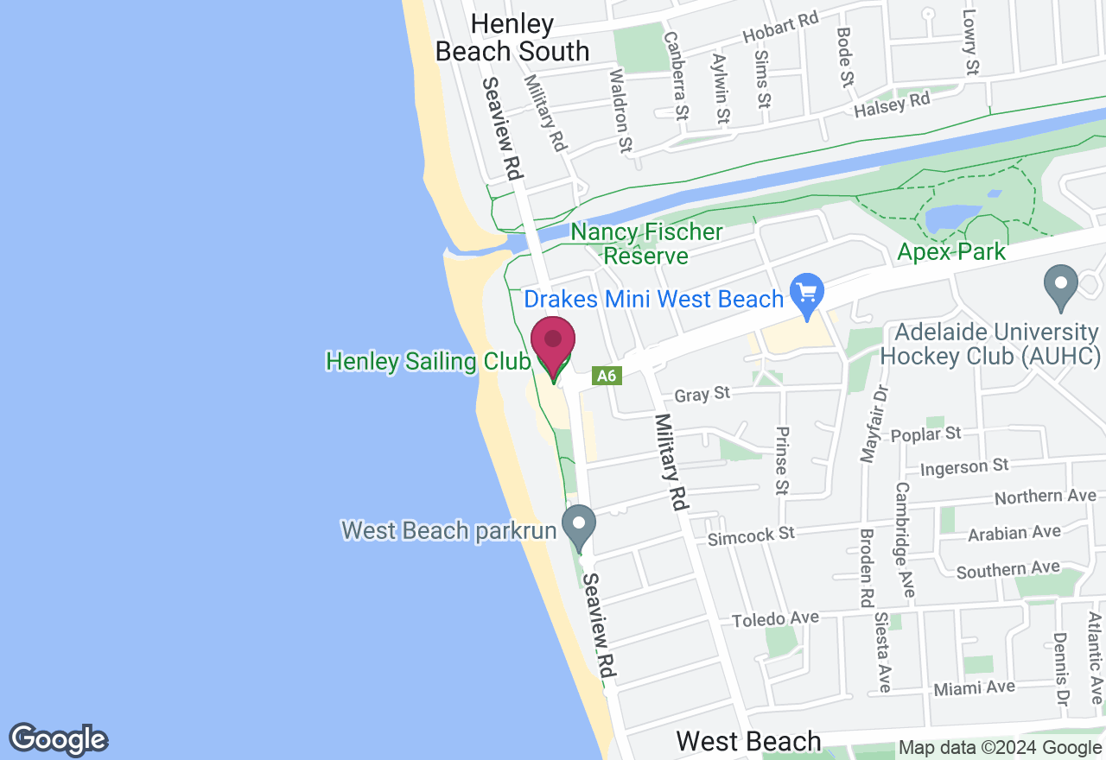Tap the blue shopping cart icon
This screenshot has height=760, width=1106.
pyautogui.click(x=807, y=294)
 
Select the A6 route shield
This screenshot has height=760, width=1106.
pyautogui.click(x=607, y=376)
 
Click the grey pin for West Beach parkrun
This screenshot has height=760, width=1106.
pyautogui.click(x=579, y=524)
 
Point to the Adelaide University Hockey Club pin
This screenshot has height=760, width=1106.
pyautogui.click(x=1061, y=285)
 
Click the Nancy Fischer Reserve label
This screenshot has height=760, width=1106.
pyautogui.click(x=646, y=244)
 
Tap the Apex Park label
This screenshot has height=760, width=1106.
pyautogui.click(x=951, y=252)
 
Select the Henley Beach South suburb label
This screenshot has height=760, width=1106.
pyautogui.click(x=512, y=37)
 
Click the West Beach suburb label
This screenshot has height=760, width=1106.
pyautogui.click(x=748, y=741)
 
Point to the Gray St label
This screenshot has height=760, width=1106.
pyautogui.click(x=702, y=395)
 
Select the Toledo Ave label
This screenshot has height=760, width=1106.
pyautogui.click(x=775, y=619)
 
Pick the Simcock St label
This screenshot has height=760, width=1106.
pyautogui.click(x=751, y=536)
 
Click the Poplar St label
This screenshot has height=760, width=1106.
pyautogui.click(x=926, y=434)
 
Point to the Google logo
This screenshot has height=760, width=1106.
pyautogui.click(x=58, y=740)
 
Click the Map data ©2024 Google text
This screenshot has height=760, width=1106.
pyautogui.click(x=1000, y=748)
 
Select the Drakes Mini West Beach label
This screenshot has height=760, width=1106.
pyautogui.click(x=654, y=300)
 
